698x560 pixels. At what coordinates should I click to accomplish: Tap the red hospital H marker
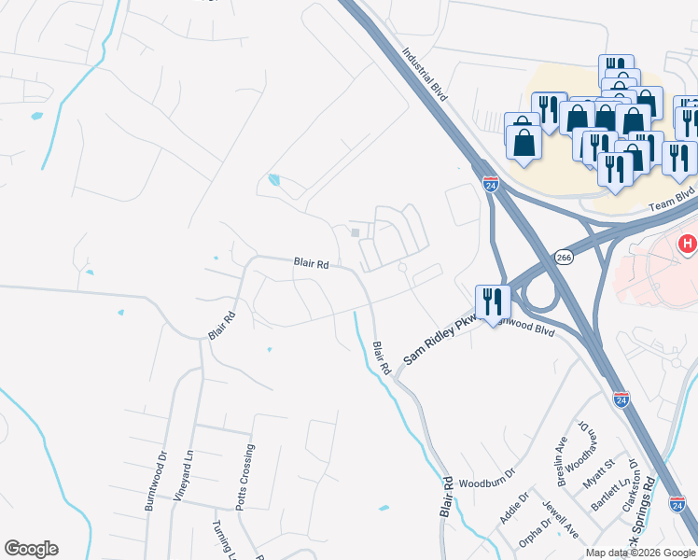click(688, 245)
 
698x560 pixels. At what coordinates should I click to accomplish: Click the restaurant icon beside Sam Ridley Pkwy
click(492, 301)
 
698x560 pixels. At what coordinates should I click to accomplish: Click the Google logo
click(31, 549)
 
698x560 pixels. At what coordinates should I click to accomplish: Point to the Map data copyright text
click(640, 553)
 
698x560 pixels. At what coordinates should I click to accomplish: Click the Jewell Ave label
click(562, 520)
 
